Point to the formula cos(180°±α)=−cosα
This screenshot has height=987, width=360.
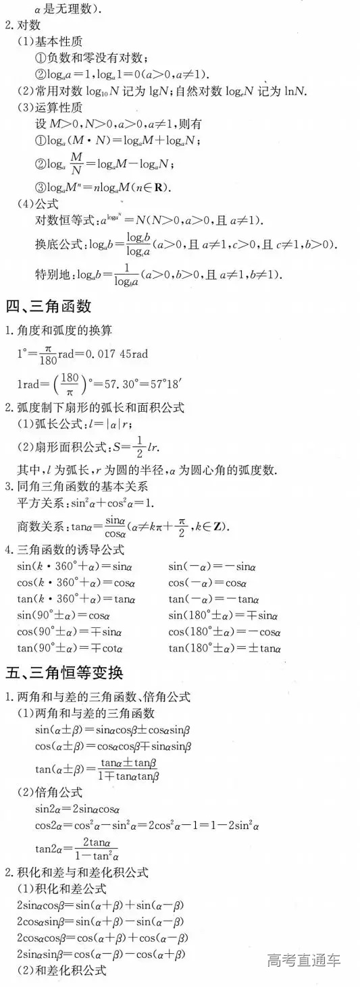(224, 632)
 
